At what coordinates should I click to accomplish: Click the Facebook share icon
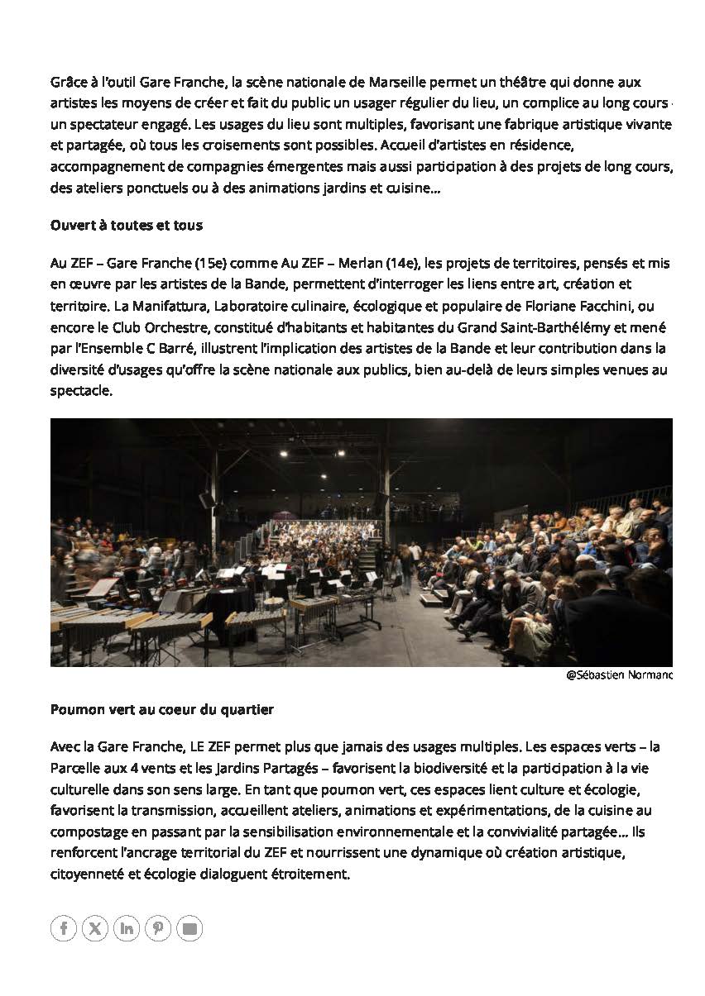point(64,928)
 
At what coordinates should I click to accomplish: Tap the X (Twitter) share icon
point(95,928)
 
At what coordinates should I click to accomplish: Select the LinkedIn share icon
point(127,928)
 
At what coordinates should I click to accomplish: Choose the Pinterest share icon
point(158,928)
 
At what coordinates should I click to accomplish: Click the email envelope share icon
point(189,928)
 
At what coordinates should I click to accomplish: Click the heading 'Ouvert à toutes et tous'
point(126,225)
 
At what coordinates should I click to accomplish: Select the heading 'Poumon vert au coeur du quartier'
point(161,709)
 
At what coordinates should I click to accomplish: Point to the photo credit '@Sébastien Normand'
point(619,675)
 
